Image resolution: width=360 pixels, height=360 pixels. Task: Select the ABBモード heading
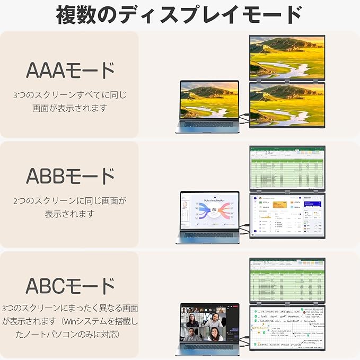(70, 175)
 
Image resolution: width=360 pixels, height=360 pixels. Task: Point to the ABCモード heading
(70, 285)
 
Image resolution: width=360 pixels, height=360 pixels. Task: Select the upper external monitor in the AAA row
(287, 57)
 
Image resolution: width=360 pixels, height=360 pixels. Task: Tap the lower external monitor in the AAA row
(287, 104)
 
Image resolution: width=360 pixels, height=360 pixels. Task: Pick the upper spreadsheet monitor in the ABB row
(287, 167)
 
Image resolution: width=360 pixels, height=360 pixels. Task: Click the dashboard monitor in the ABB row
(287, 215)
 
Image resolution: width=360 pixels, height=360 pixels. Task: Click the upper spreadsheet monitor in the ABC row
(287, 280)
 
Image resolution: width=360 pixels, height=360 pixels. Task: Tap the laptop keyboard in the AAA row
(208, 125)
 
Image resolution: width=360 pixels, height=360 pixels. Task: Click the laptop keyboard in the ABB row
(208, 235)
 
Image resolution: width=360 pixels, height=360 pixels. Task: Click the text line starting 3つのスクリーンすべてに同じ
(70, 95)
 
